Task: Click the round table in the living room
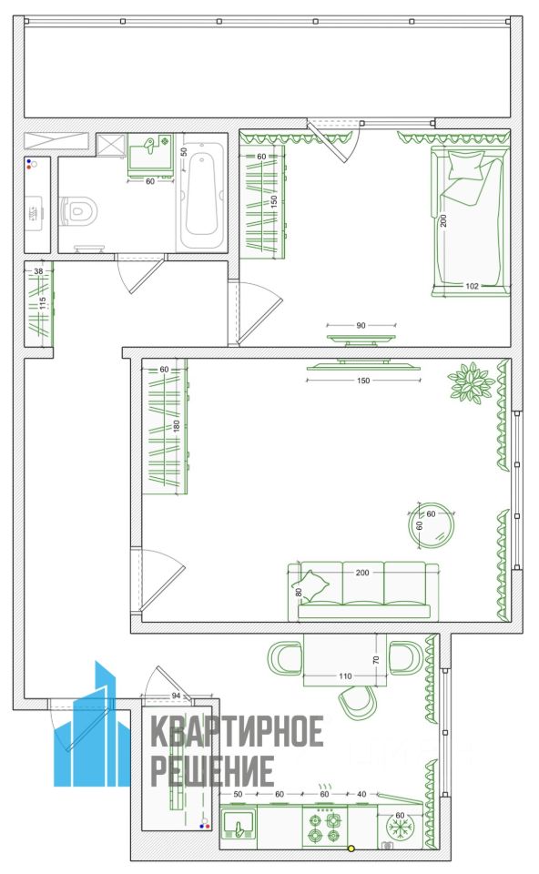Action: [x=432, y=525]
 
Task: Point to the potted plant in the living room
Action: [x=472, y=381]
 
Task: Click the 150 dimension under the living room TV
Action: [x=363, y=381]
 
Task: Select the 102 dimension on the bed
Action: [x=472, y=286]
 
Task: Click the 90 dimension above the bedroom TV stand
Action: [x=361, y=325]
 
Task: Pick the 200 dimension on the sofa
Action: [x=362, y=573]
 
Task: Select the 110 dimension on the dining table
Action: [x=345, y=676]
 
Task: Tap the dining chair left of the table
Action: [x=285, y=657]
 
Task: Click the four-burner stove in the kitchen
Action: [x=325, y=828]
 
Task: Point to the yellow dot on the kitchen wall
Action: [x=351, y=849]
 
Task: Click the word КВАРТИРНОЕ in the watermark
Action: [x=238, y=731]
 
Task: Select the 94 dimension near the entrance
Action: [x=176, y=696]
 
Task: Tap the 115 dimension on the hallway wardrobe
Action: [x=43, y=304]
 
